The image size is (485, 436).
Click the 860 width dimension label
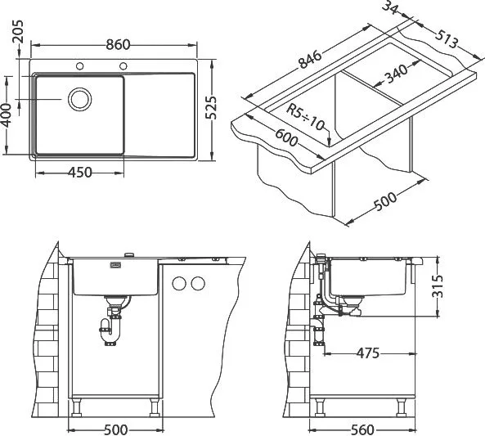[x=118, y=45]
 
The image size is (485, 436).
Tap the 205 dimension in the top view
[x=17, y=32]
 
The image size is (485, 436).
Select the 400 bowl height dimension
[x=7, y=115]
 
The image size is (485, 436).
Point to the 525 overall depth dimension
[x=211, y=107]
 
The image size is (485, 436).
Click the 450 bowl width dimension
[x=80, y=173]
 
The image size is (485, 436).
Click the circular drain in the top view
[x=80, y=99]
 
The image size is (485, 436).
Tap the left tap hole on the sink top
[x=80, y=66]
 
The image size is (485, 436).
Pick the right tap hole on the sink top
[x=123, y=66]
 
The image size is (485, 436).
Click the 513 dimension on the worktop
[x=446, y=39]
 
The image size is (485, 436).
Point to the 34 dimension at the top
[x=390, y=7]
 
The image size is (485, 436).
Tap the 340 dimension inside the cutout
[x=396, y=74]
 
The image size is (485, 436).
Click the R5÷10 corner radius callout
[x=305, y=117]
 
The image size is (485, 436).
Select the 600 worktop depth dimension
[x=286, y=137]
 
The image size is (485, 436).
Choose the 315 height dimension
[x=437, y=286]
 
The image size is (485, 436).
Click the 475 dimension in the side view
[x=368, y=353]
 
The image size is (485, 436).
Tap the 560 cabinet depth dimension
[x=362, y=429]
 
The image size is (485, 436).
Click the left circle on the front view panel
[x=179, y=284]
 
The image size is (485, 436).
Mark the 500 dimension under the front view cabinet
[x=115, y=429]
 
